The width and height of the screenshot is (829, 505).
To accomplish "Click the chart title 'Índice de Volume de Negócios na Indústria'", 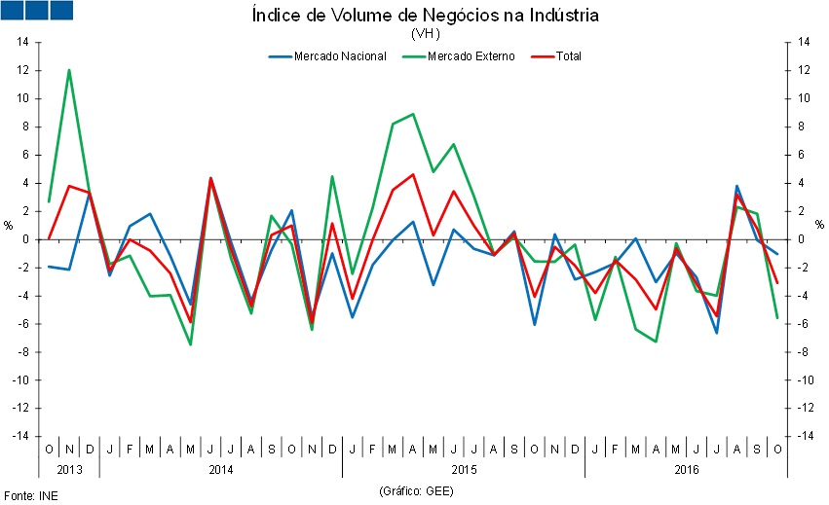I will (425, 16).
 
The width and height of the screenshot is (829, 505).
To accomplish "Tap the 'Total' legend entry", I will (568, 56).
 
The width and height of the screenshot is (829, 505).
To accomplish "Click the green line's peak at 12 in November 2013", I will (69, 70).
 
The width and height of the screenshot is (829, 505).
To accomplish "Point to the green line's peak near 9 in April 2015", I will (414, 114).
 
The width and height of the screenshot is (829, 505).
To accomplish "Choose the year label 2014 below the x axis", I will (221, 469).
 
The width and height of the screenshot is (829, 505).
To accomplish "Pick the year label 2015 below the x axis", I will (464, 469).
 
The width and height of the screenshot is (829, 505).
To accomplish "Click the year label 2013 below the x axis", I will (69, 469).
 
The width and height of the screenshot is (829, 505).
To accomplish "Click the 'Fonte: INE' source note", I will (28, 495).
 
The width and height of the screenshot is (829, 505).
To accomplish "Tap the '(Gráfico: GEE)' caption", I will (416, 490).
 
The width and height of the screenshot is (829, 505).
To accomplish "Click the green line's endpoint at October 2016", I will (776, 317).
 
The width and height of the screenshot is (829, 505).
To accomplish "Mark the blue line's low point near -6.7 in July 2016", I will (716, 333).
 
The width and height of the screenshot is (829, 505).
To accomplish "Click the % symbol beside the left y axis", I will (8, 225).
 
